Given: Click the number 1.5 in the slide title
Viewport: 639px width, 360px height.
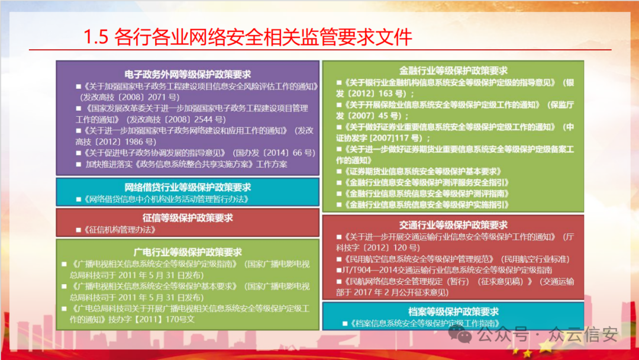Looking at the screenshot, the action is tap(96, 37).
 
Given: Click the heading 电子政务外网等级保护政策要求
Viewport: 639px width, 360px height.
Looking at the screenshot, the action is tap(188, 74).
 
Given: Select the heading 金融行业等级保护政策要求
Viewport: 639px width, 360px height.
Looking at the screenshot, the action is tap(453, 70).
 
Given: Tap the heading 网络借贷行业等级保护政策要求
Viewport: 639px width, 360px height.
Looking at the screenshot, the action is tap(188, 187).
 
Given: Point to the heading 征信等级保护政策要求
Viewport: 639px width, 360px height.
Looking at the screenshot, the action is tap(188, 218).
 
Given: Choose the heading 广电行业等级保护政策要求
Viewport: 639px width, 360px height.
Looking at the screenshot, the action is tap(188, 252).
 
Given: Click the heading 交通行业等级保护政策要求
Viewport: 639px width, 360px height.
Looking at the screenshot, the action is tap(453, 224).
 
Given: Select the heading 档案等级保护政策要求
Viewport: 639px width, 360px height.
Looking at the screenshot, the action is tap(453, 311).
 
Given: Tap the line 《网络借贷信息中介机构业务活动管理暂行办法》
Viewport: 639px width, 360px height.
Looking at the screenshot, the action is tap(166, 199).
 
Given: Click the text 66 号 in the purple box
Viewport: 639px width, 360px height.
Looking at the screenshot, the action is tap(304, 153).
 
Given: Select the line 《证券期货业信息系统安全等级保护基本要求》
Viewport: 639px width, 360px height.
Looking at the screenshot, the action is tap(422, 171).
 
